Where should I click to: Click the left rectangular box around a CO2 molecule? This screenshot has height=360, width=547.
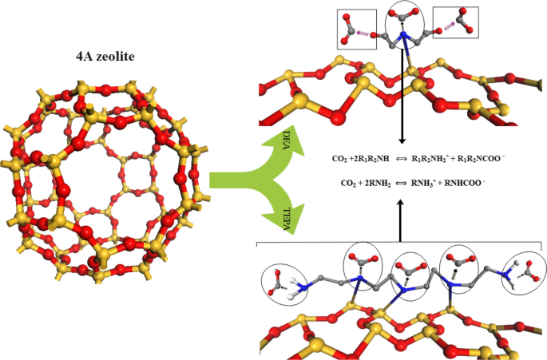[355, 30]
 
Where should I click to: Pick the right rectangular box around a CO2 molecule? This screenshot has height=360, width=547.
[455, 22]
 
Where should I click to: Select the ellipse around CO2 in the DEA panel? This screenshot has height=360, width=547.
[403, 25]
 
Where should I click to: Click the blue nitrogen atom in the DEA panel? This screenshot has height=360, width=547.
[404, 37]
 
